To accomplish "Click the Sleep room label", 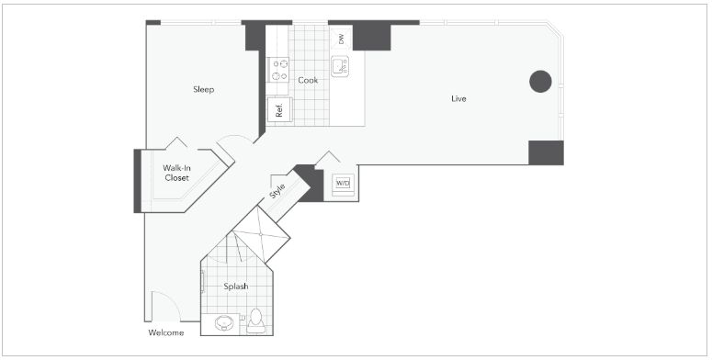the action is tap(203, 89).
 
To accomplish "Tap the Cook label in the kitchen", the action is tap(308, 80).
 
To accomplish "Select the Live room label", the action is tap(458, 98).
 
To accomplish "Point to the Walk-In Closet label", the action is tap(176, 173).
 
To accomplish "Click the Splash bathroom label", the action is tap(236, 287).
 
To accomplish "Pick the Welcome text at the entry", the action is tap(166, 332).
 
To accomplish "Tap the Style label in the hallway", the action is tap(277, 191).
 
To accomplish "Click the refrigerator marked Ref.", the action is tap(279, 110).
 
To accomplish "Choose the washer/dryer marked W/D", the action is tap(343, 184).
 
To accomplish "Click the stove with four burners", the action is tap(279, 70).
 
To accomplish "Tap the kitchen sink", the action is tap(340, 66).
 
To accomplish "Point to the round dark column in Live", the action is tap(540, 82).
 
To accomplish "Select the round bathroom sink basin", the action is tap(224, 322).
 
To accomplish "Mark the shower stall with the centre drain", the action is tap(261, 235).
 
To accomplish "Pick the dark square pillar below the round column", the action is tap(547, 152).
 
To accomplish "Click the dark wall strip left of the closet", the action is tap(137, 181).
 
